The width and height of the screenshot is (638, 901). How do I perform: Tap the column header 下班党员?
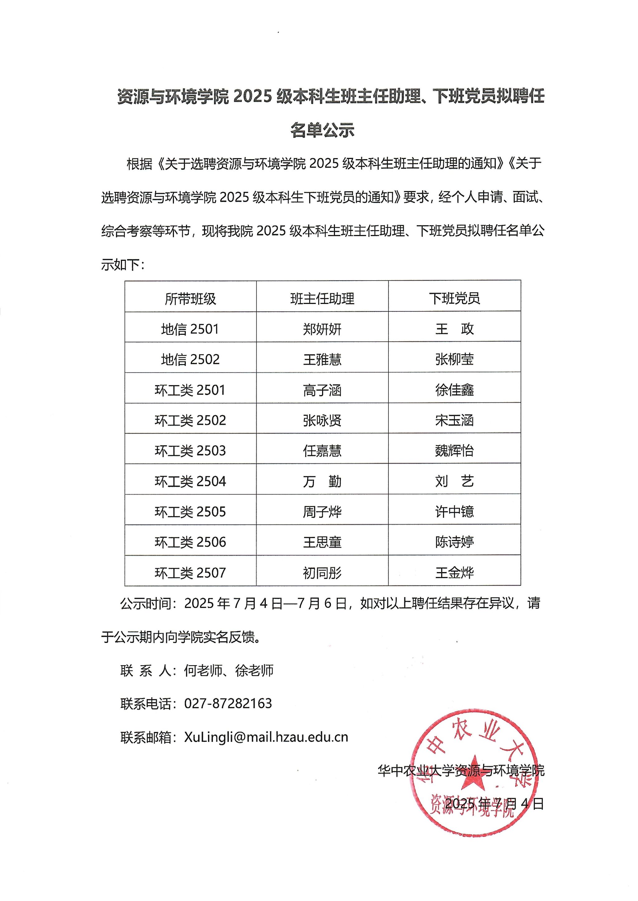click(x=454, y=298)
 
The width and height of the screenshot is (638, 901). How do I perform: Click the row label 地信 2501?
click(x=190, y=329)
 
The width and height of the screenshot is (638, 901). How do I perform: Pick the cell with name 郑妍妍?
click(x=322, y=329)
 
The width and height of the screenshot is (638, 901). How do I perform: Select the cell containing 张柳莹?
click(x=454, y=359)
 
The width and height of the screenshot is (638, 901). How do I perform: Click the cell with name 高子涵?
click(x=322, y=390)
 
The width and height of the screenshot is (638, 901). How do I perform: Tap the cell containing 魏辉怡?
click(x=454, y=450)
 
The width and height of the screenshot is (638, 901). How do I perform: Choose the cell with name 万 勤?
click(x=322, y=481)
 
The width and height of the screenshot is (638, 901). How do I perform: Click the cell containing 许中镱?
click(x=454, y=511)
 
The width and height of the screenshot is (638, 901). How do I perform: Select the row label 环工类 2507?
click(x=190, y=573)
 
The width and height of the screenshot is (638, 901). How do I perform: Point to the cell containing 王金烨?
click(x=454, y=573)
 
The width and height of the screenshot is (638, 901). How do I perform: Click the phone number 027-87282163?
click(x=228, y=704)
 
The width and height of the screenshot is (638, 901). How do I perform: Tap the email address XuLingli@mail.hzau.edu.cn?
click(x=266, y=737)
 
